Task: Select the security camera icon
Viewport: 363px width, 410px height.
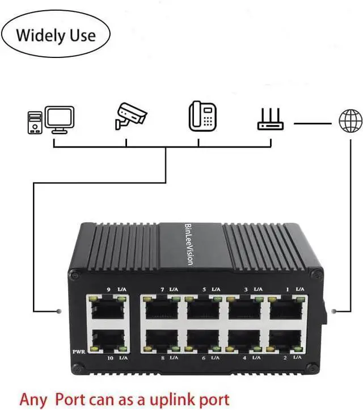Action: tap(130, 116)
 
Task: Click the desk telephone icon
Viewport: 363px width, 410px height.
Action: tap(202, 116)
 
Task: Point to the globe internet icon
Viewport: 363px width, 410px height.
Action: tap(350, 122)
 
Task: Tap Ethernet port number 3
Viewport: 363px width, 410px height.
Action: tap(244, 309)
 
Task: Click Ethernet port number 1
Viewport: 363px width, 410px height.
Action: tap(285, 309)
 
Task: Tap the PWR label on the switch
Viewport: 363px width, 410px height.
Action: tap(79, 352)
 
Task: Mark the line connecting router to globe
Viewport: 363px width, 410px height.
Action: tap(312, 123)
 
